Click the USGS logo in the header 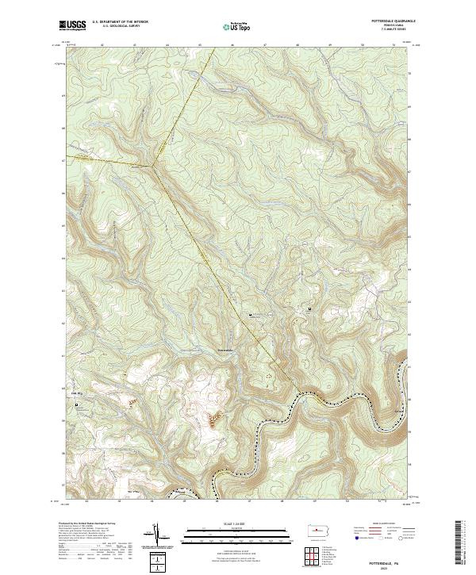tap(72, 25)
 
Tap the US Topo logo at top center tap(237, 26)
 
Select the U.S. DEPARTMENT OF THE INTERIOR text tap(121, 22)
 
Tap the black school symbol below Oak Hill tap(77, 405)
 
